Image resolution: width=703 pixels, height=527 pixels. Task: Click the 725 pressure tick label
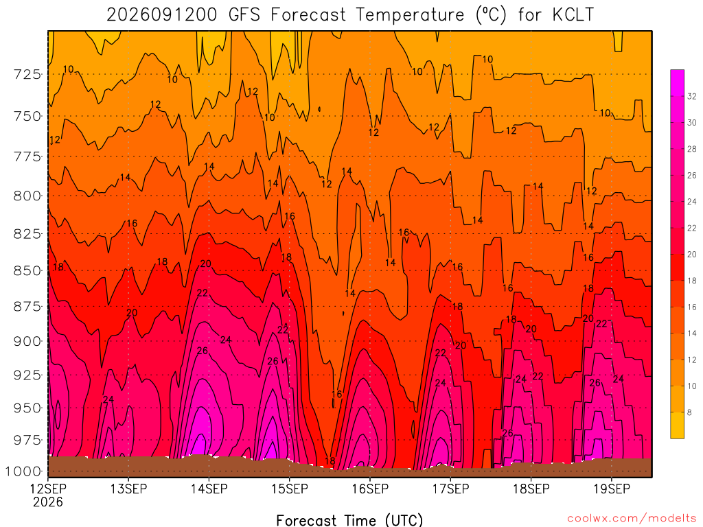[x=27, y=74]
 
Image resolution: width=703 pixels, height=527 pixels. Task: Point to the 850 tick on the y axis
[x=27, y=270]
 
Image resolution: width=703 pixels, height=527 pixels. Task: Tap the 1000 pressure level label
[x=23, y=471]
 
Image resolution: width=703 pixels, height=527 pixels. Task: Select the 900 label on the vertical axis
[x=27, y=342]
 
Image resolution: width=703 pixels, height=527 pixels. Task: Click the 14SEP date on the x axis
[x=209, y=489]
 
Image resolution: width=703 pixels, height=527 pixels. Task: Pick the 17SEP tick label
[x=450, y=489]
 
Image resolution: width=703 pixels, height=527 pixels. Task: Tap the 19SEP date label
[x=612, y=489]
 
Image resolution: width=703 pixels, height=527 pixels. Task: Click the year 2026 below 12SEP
[x=48, y=502]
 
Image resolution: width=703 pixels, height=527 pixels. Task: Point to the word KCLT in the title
[x=573, y=15]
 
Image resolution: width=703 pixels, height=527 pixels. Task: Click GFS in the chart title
[x=244, y=15]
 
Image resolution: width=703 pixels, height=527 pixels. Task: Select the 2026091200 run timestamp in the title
[x=162, y=15]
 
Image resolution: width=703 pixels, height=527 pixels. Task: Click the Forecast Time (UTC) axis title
[x=349, y=520]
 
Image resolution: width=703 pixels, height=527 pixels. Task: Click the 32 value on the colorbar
[x=692, y=96]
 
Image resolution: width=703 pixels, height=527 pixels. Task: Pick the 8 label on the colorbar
[x=689, y=412]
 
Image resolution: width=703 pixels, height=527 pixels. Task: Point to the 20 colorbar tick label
[x=692, y=255]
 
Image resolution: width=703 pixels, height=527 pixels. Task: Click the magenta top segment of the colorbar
[x=677, y=83]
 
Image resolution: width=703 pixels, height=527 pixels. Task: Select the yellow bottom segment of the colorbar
[x=677, y=425]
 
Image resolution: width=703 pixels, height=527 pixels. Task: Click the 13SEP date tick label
[x=128, y=489]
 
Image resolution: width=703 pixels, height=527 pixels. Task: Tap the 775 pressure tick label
[x=27, y=157]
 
